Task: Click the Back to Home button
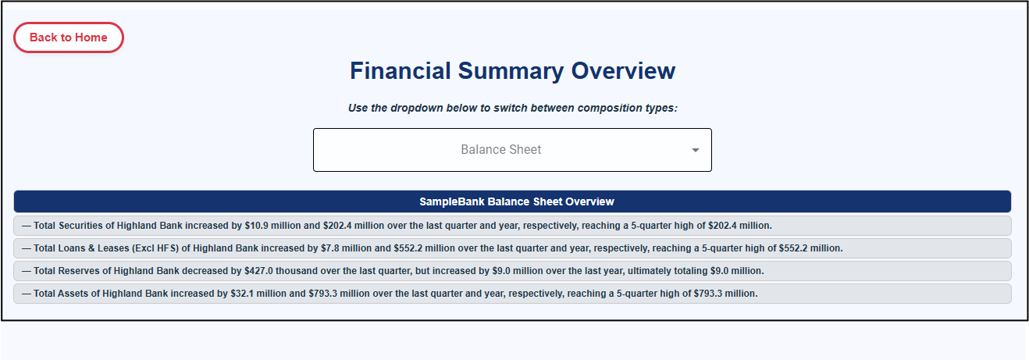(x=69, y=37)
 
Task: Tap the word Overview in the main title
(x=623, y=71)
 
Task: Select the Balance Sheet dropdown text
(x=500, y=149)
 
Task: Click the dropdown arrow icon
(x=696, y=150)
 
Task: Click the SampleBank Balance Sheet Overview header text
(x=516, y=201)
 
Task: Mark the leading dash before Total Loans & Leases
(x=27, y=248)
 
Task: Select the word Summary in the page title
(x=511, y=71)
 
